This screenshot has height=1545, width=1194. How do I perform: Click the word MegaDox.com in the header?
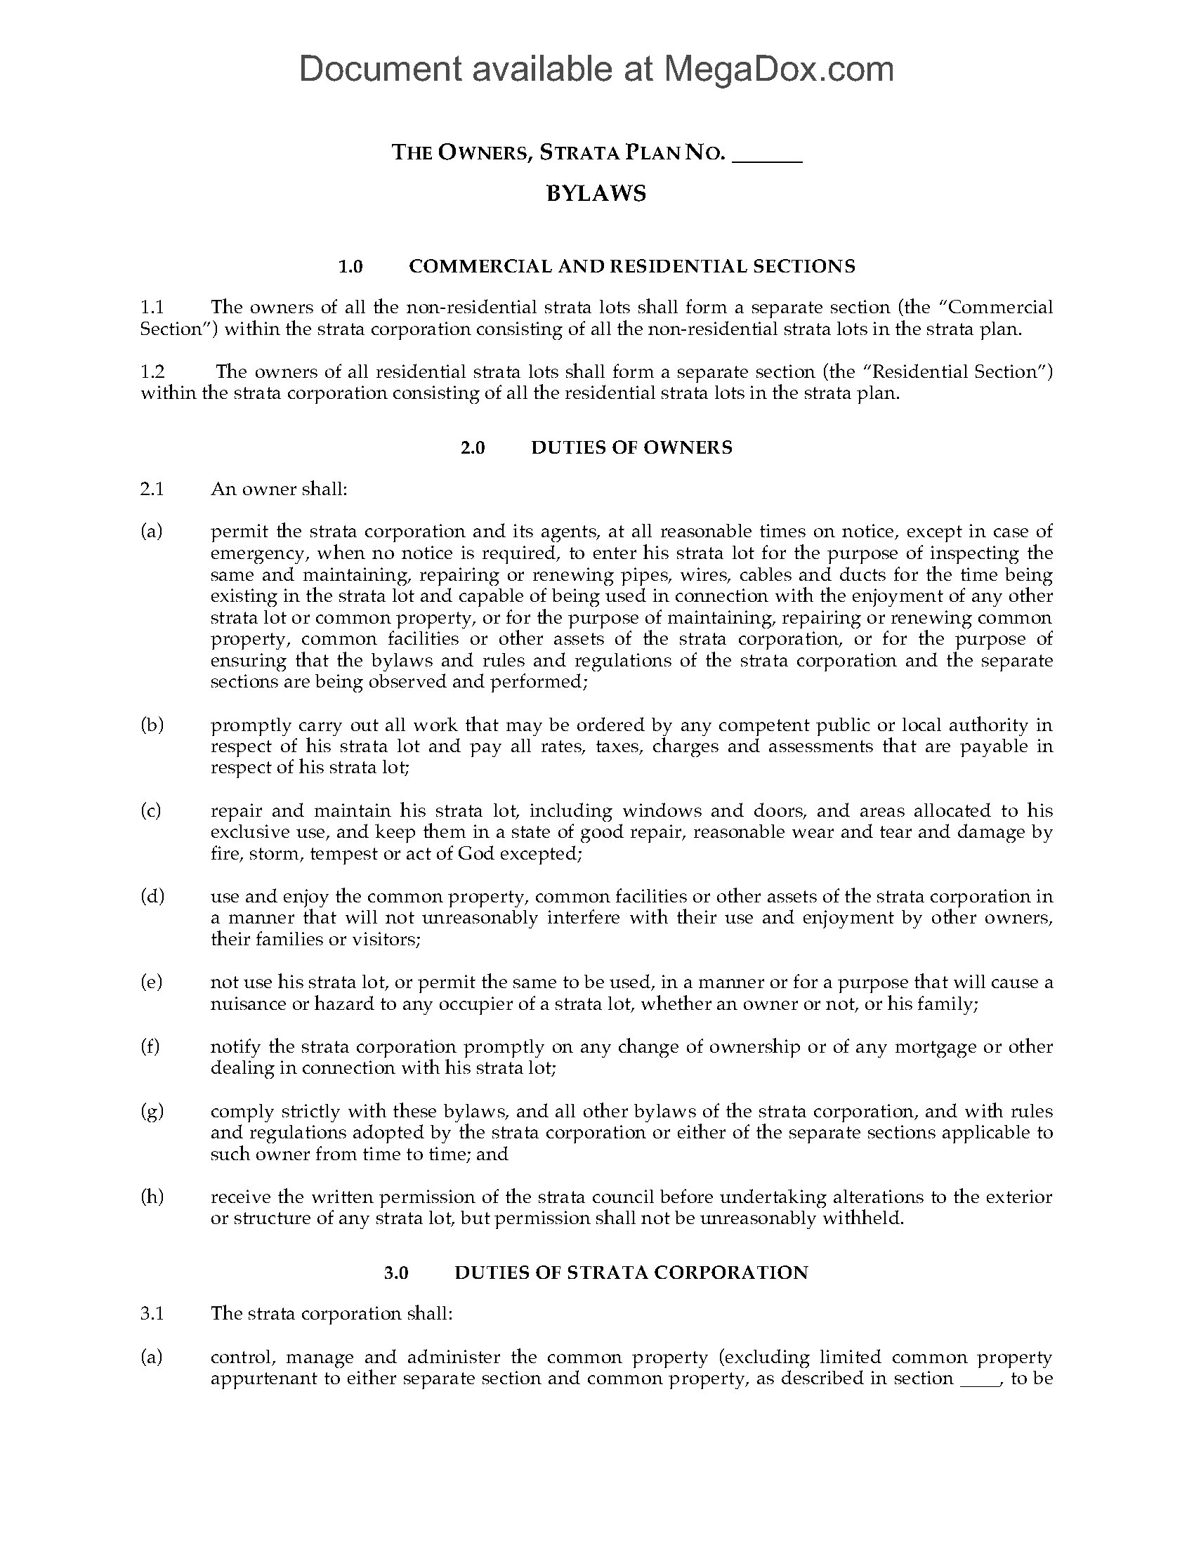click(x=778, y=70)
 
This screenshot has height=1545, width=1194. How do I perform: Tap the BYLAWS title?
click(x=596, y=194)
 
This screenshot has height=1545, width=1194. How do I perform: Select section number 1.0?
click(x=350, y=267)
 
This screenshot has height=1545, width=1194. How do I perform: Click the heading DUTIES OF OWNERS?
click(x=631, y=447)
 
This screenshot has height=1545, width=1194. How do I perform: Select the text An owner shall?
click(x=279, y=489)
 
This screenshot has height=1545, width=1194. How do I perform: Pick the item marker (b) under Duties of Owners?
click(x=152, y=725)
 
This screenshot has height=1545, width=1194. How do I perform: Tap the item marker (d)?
click(x=152, y=897)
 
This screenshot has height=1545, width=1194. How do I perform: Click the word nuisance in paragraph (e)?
click(x=247, y=1004)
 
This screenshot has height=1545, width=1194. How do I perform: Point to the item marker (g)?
click(x=152, y=1112)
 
